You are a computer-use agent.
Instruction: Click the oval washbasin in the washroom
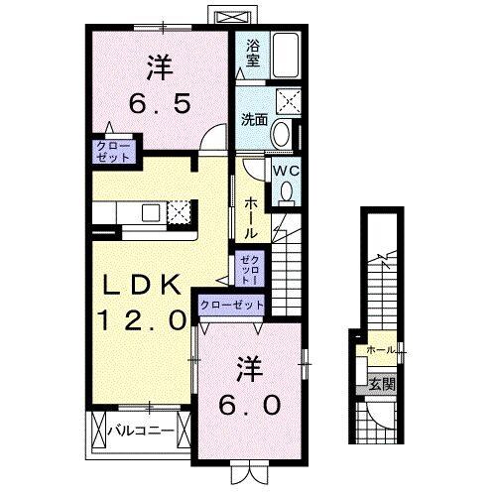[x=282, y=134]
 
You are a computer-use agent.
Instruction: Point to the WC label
[x=286, y=171]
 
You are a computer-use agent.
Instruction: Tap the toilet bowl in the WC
[x=286, y=192]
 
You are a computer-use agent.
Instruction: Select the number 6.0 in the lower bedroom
[x=249, y=405]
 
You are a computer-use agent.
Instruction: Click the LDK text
[x=144, y=285]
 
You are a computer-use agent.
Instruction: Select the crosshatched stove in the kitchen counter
[x=179, y=211]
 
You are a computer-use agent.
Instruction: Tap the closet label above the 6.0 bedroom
[x=232, y=304]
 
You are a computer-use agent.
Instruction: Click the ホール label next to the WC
[x=252, y=215]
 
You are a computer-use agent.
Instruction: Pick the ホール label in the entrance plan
[x=380, y=350]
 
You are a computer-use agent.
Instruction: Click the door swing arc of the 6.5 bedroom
[x=211, y=141]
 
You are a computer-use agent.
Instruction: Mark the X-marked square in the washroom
[x=291, y=97]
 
